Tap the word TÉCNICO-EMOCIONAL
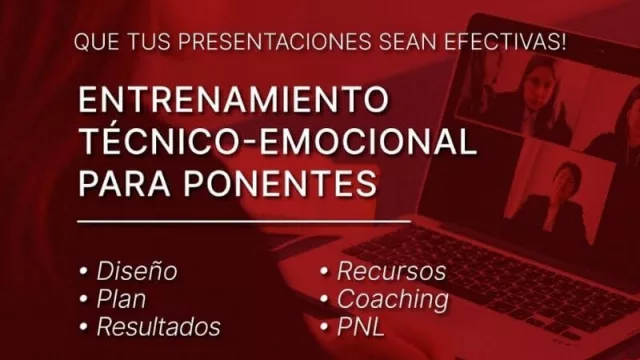pyautogui.click(x=276, y=142)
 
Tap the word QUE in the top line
pyautogui.click(x=95, y=43)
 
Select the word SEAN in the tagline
pyautogui.click(x=411, y=43)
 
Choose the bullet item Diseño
pyautogui.click(x=136, y=271)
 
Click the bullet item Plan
pyautogui.click(x=120, y=298)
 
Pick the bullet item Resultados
pyautogui.click(x=157, y=326)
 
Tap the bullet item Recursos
pyautogui.click(x=391, y=271)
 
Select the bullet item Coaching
pyautogui.click(x=392, y=298)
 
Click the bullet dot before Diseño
pyautogui.click(x=83, y=272)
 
